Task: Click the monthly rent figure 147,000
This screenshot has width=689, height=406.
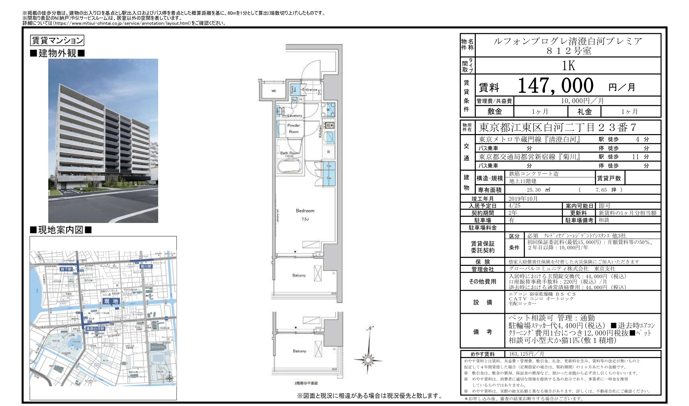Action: (x=555, y=86)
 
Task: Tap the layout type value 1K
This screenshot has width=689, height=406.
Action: (x=568, y=66)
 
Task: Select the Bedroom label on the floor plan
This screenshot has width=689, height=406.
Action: (x=305, y=211)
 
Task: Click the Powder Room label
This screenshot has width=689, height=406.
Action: (x=294, y=128)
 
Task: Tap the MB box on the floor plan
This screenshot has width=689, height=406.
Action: (x=273, y=91)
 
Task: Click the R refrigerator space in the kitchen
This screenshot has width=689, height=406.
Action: (x=328, y=152)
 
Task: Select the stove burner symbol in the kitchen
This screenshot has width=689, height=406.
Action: (x=329, y=125)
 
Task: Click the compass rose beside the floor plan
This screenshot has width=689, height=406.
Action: (x=368, y=360)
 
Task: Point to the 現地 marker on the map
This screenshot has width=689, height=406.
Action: (x=111, y=301)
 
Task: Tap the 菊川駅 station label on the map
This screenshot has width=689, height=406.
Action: (x=146, y=267)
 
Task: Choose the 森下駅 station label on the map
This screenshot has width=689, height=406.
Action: (x=66, y=269)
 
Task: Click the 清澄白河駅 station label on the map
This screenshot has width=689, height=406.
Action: (x=95, y=329)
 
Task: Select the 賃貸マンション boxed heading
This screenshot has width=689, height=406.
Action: (x=57, y=41)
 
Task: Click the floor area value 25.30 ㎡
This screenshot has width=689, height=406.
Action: (x=538, y=190)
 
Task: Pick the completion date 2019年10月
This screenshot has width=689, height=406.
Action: (x=523, y=198)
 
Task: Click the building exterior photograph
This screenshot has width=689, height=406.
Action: (x=103, y=141)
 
